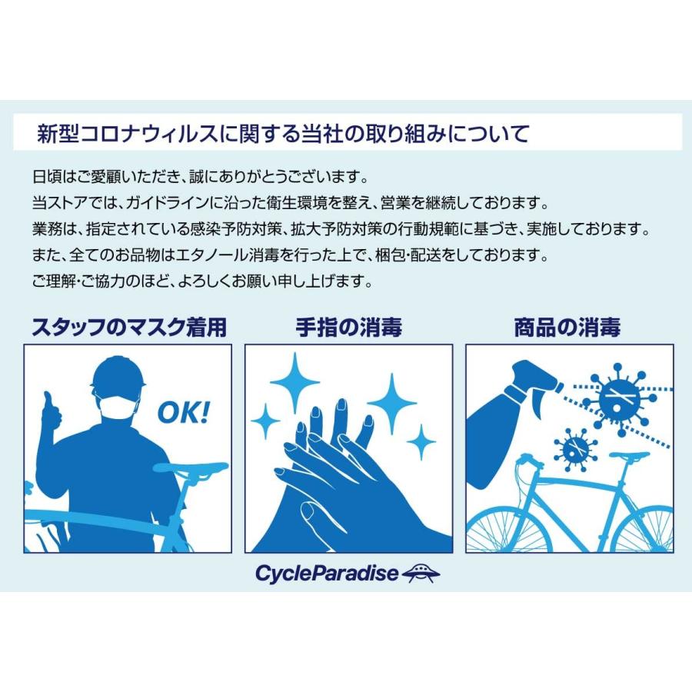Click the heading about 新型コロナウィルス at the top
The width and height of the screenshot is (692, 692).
tap(283, 133)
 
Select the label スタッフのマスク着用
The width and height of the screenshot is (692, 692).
tap(129, 327)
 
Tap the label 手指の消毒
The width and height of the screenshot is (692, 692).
tap(348, 327)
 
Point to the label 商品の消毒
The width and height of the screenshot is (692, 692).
tap(567, 327)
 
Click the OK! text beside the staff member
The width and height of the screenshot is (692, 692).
tap(183, 413)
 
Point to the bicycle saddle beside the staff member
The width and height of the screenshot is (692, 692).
tap(191, 467)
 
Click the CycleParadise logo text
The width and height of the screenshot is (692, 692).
tap(327, 573)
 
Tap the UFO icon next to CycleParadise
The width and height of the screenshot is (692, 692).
tap(421, 571)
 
